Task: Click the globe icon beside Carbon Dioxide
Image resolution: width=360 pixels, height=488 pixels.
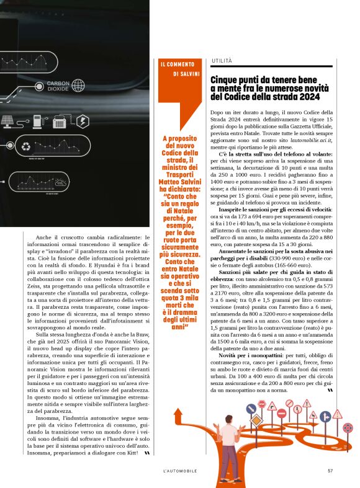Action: click(x=78, y=86)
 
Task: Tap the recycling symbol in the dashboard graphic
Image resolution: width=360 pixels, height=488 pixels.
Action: click(x=26, y=147)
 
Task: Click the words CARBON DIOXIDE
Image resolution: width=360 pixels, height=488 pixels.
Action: click(x=58, y=86)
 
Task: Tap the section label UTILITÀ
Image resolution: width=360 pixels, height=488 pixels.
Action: click(x=222, y=61)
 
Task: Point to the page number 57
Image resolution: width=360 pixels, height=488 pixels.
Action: click(x=330, y=471)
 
